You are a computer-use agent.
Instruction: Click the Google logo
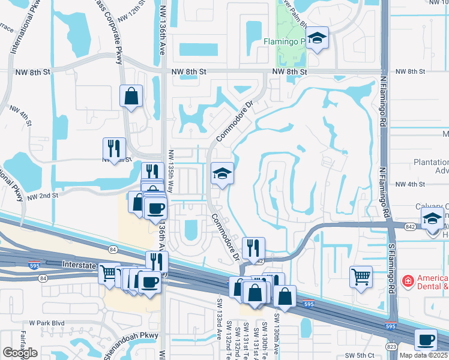point(20,353)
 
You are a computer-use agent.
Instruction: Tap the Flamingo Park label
point(285,42)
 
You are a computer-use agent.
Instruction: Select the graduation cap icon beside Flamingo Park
point(317,40)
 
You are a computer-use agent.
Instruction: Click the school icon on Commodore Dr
point(222,175)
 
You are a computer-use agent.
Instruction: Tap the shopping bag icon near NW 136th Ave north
point(131,97)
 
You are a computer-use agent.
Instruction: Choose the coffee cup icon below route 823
point(426,340)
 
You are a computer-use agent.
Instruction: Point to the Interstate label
point(79,263)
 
